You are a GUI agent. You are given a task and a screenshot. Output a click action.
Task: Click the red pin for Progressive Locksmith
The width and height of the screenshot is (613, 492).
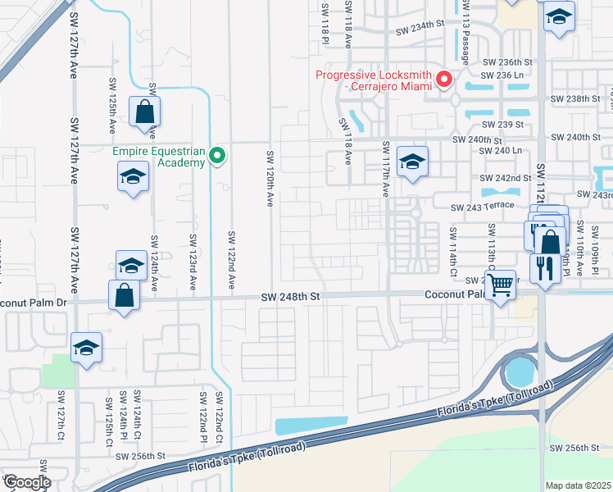[x=445, y=80]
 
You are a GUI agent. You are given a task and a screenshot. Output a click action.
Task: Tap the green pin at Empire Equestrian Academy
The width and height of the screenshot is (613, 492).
[x=217, y=155]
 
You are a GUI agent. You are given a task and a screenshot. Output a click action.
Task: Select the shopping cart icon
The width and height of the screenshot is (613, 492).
[x=500, y=286]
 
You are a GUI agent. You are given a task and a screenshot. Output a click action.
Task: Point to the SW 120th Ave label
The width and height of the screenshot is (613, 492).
[x=269, y=179]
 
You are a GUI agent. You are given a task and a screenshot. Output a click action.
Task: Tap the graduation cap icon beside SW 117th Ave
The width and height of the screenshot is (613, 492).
[x=412, y=161]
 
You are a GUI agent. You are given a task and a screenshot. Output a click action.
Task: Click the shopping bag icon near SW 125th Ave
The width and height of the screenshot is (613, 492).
[x=144, y=112]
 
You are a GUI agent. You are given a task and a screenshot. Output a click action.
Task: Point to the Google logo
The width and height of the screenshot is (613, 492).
[x=26, y=481]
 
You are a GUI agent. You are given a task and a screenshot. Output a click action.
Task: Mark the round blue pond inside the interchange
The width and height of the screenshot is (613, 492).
[x=519, y=372]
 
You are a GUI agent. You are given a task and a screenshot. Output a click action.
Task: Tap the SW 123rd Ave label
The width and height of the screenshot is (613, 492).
[x=193, y=262]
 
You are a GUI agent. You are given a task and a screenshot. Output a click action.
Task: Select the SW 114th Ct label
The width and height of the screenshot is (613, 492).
[x=452, y=251]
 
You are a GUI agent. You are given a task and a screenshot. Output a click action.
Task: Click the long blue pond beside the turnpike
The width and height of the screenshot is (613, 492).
[x=311, y=426]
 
